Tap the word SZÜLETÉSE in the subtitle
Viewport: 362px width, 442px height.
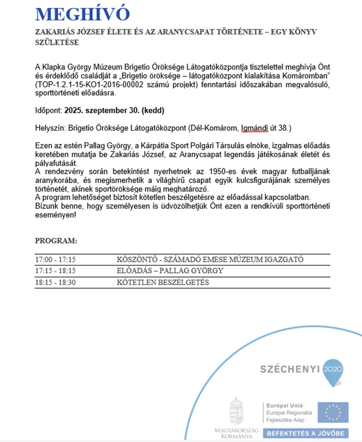coord(57,42)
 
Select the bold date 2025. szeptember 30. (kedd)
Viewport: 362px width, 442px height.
coord(114,110)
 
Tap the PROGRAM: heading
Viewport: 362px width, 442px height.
coord(56,241)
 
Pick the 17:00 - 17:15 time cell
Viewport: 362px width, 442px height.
coord(55,260)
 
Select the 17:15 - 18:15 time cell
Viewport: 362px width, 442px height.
coord(55,271)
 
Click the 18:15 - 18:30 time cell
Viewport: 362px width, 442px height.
coord(55,282)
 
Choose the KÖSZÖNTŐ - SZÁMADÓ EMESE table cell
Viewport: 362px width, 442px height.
coord(210,260)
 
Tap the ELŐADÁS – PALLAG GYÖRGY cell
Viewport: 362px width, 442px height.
coord(170,271)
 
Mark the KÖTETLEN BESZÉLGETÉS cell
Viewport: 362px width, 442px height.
coord(163,282)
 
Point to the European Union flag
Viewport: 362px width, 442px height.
coord(333,412)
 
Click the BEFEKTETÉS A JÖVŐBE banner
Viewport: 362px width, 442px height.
coord(305,433)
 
